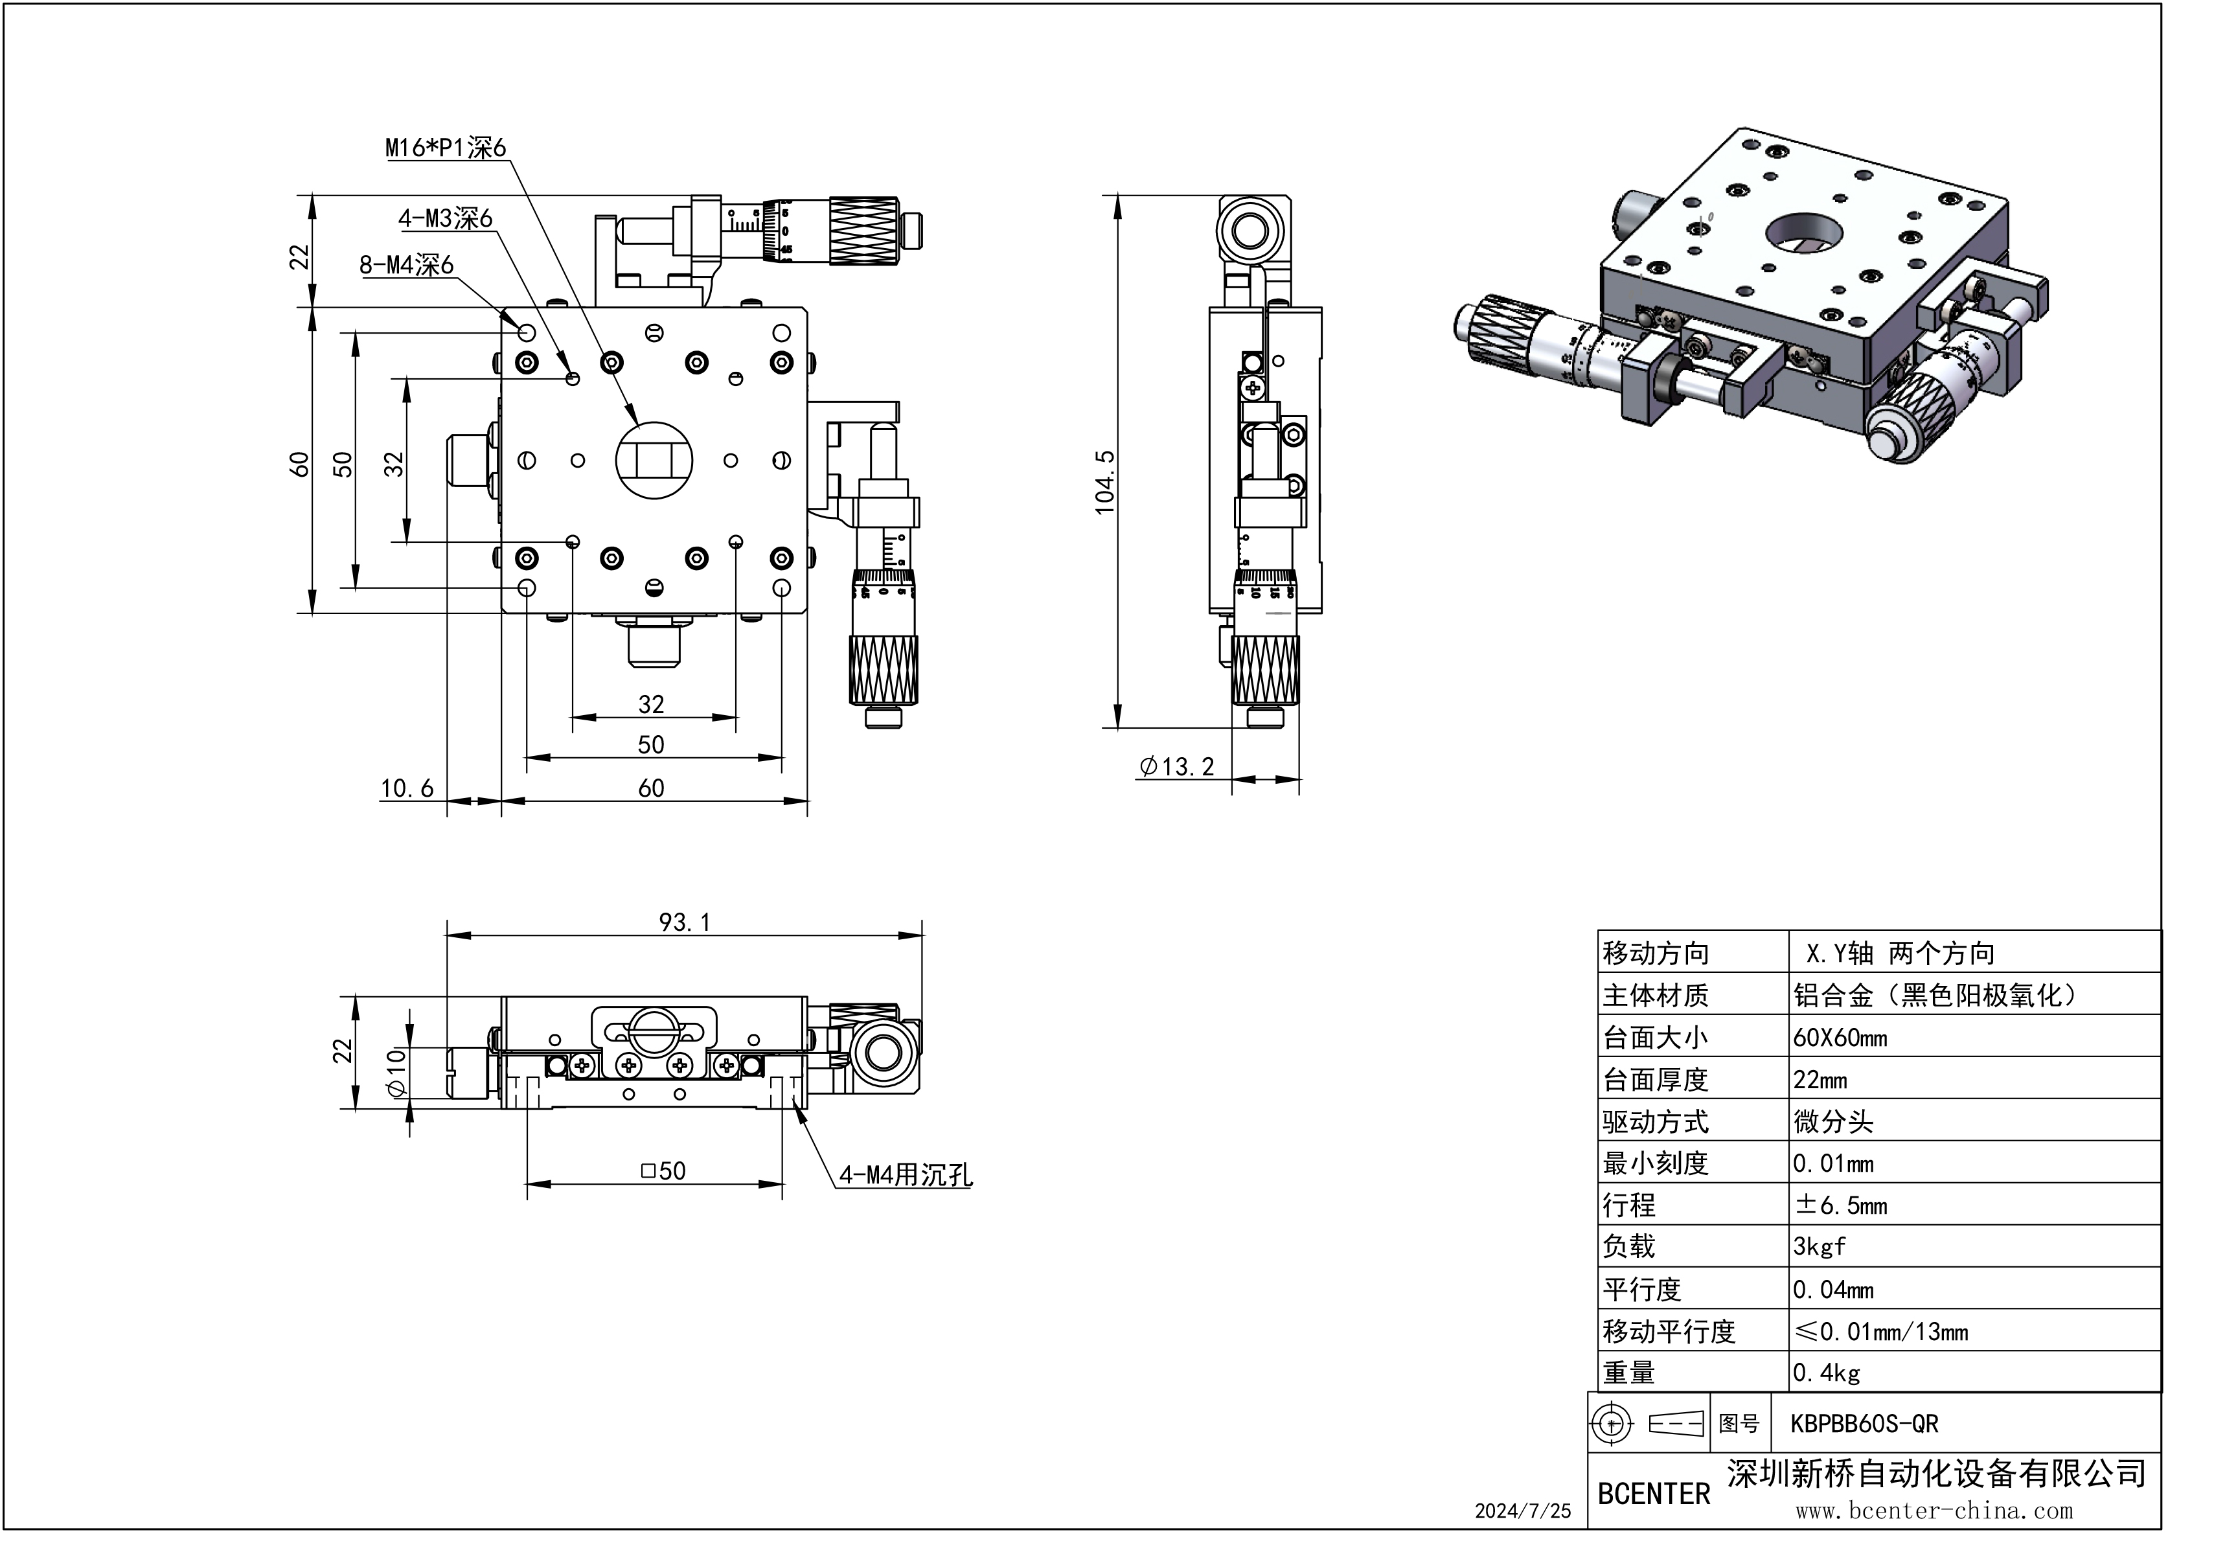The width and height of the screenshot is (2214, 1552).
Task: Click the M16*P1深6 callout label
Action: click(446, 148)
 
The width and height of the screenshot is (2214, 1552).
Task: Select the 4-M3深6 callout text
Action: click(446, 219)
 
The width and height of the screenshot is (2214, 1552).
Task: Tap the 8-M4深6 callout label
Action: click(406, 264)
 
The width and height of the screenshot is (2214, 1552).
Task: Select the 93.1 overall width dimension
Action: click(683, 922)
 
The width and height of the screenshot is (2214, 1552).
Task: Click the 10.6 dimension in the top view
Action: click(407, 788)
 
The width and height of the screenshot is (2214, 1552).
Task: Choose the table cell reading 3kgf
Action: click(1820, 1246)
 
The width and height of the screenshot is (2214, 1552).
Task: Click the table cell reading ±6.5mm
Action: click(1840, 1205)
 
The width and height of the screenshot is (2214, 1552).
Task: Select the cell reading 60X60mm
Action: click(1840, 1038)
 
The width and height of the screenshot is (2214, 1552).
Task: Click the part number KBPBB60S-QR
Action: click(1863, 1424)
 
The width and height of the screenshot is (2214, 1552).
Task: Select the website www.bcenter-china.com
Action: click(1934, 1511)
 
